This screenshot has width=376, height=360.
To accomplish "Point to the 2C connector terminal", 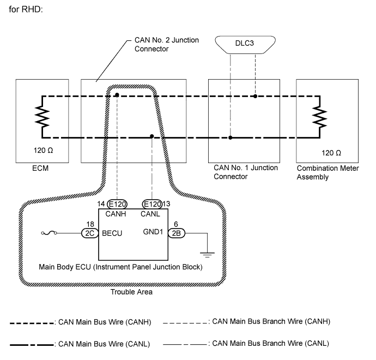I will pyautogui.click(x=88, y=233).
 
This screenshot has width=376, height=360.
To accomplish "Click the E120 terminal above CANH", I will pyautogui.click(x=118, y=204).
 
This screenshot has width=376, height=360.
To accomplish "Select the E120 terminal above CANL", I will pyautogui.click(x=151, y=204).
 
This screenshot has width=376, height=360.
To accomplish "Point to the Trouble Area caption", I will pyautogui.click(x=132, y=292).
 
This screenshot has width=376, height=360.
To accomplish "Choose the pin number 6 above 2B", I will pyautogui.click(x=175, y=224).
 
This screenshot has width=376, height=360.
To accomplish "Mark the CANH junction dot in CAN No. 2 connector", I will pyautogui.click(x=118, y=96).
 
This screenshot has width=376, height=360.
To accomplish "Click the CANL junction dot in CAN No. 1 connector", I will pyautogui.click(x=231, y=137).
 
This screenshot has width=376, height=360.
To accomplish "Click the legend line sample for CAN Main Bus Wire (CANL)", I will pyautogui.click(x=31, y=344).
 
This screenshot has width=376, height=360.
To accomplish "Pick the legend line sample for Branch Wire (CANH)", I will pyautogui.click(x=185, y=323).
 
